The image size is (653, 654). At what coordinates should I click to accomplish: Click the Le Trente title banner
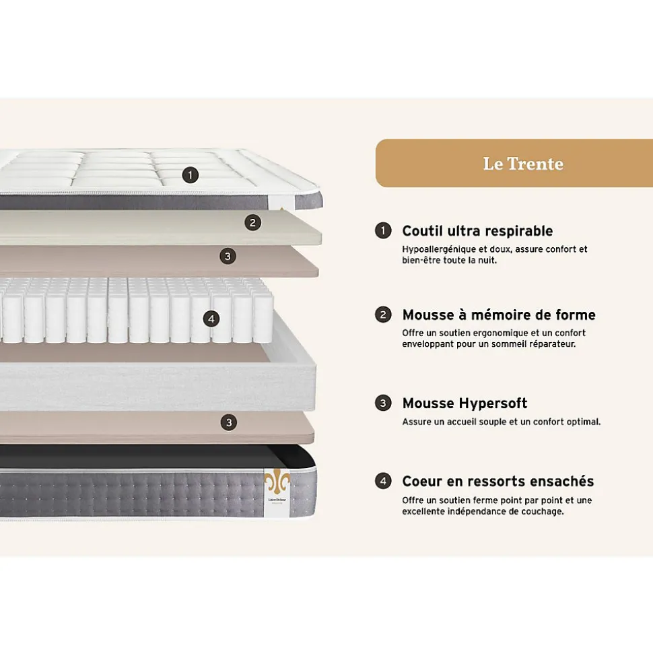click(522, 163)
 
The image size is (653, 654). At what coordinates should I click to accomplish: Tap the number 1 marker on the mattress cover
click(191, 175)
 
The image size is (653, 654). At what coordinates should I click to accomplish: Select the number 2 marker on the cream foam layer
click(252, 222)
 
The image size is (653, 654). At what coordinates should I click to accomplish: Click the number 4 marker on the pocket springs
click(211, 319)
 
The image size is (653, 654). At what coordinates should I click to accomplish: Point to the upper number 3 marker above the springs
click(228, 256)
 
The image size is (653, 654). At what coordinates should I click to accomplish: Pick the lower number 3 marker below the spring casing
click(230, 422)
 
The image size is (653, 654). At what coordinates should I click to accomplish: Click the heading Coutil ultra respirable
click(477, 231)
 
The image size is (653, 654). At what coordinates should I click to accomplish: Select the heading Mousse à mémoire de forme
click(498, 315)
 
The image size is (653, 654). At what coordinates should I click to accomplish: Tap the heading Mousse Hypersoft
click(465, 403)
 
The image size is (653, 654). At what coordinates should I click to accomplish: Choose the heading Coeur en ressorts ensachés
click(497, 481)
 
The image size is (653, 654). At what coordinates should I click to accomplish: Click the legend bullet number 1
click(383, 231)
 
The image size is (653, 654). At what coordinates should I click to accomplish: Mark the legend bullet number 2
click(383, 315)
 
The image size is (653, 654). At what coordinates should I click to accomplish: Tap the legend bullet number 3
click(383, 403)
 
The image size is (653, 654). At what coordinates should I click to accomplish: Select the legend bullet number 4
click(383, 481)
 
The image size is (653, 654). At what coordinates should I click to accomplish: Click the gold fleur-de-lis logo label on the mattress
click(277, 492)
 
